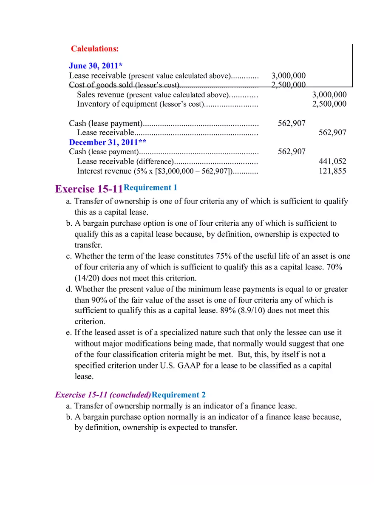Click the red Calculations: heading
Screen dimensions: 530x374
coord(95,49)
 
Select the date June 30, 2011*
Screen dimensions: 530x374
coord(96,66)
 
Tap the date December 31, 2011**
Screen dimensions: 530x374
coord(108,142)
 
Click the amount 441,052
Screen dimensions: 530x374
coord(332,162)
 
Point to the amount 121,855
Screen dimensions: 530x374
coord(332,171)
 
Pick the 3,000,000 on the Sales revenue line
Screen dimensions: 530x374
coord(329,95)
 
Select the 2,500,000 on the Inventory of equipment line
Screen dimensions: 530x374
coord(329,104)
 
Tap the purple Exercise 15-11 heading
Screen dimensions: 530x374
coord(89,189)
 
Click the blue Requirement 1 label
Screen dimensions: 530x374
coord(150,187)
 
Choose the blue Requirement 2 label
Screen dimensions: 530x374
coord(178,395)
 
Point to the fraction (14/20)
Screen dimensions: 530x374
coord(88,278)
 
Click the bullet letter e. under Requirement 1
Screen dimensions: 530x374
coord(69,333)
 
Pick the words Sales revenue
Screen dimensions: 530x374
coord(101,95)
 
